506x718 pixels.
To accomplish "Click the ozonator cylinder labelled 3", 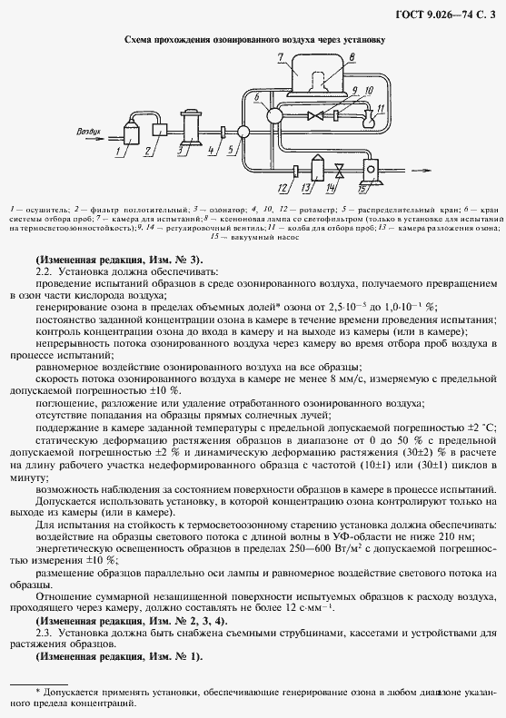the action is (x=192, y=126).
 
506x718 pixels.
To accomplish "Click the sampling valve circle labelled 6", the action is (x=269, y=115).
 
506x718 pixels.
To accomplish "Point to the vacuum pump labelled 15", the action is (x=370, y=169).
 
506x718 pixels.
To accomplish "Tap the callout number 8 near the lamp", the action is (x=351, y=57).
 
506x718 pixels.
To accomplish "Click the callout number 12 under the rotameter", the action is (x=283, y=188).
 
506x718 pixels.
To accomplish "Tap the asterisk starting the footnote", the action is (x=38, y=692).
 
